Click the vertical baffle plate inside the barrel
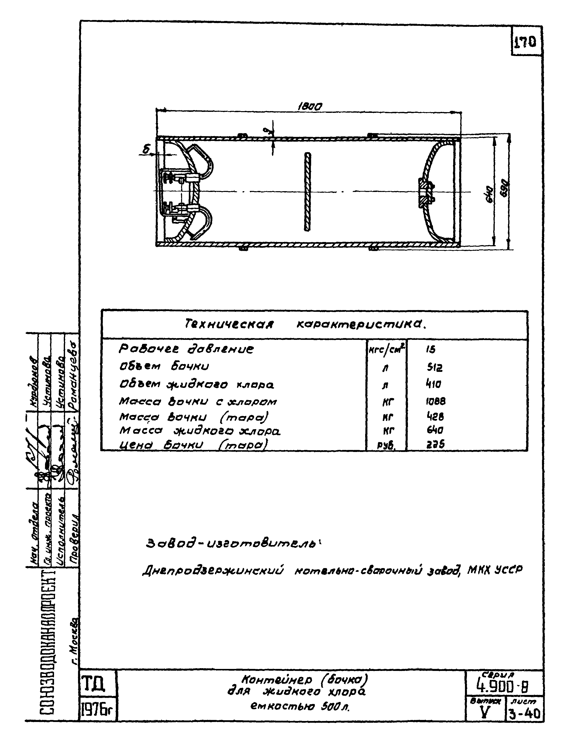pyautogui.click(x=308, y=192)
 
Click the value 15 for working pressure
pyautogui.click(x=431, y=350)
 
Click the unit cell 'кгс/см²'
pyautogui.click(x=386, y=350)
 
